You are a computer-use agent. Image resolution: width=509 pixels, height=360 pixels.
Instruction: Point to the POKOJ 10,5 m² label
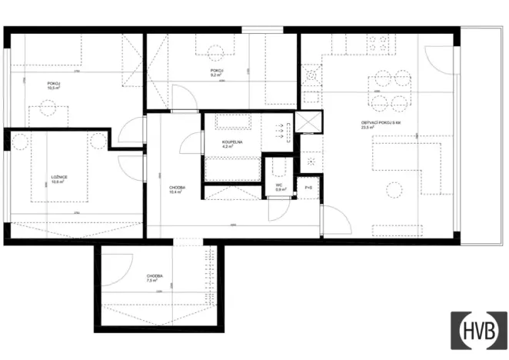(x=55, y=85)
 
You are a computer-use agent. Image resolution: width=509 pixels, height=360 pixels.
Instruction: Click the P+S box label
(x=308, y=188)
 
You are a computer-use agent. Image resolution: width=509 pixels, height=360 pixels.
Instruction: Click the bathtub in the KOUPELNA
(x=234, y=124)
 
